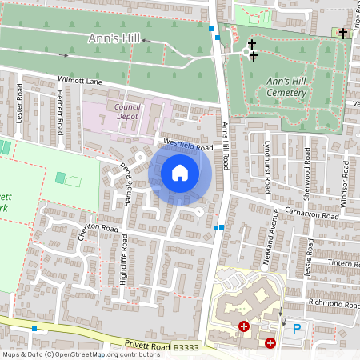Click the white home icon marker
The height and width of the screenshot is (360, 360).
tap(180, 172)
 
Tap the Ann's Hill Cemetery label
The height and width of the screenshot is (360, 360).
tap(286, 86)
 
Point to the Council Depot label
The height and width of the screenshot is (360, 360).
tap(126, 111)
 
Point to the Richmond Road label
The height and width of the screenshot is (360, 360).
tap(334, 304)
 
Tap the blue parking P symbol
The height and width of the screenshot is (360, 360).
tap(297, 328)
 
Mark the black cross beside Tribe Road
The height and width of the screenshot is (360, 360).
tap(343, 34)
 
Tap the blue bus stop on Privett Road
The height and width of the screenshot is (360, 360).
tap(34, 328)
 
